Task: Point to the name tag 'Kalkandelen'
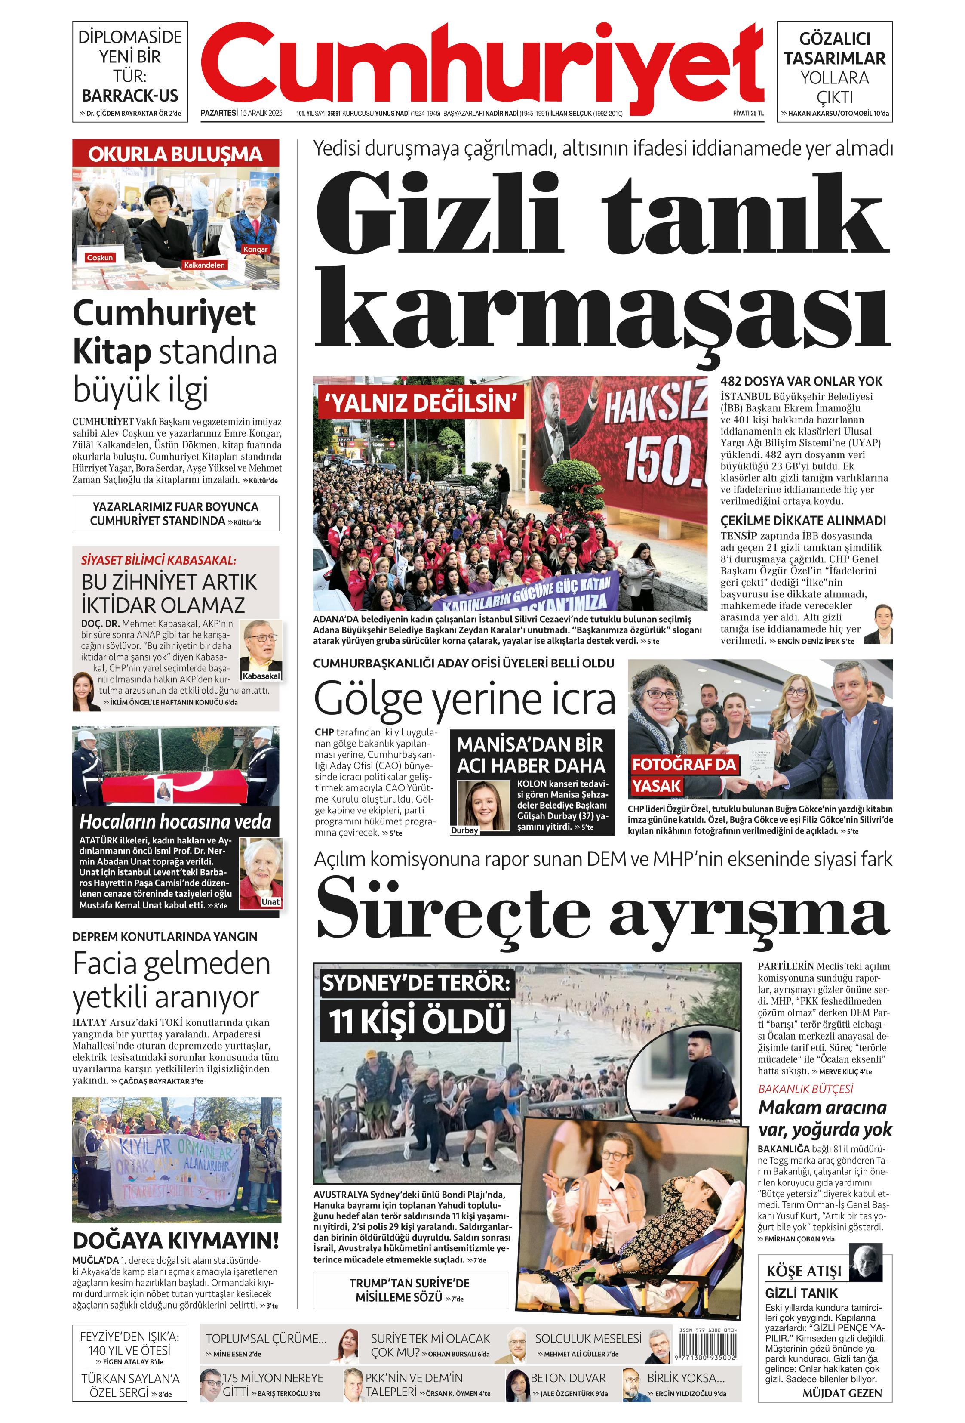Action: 204,265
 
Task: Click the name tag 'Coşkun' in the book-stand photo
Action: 100,258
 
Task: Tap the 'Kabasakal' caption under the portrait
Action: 261,676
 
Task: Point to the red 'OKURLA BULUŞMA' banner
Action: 175,154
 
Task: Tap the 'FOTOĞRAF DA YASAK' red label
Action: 682,775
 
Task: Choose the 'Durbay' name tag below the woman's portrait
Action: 464,831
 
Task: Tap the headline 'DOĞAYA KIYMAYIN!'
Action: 175,1241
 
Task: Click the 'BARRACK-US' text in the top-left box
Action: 130,96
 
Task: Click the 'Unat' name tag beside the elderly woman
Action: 270,902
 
